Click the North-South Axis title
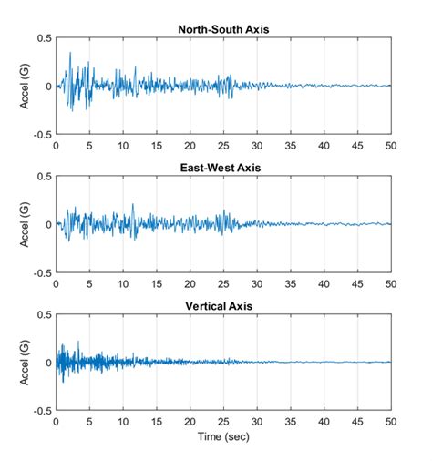[223, 29]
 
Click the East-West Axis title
[223, 168]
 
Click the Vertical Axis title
[223, 306]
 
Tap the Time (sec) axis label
[223, 438]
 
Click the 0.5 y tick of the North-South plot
[43, 38]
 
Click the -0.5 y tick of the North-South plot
[41, 134]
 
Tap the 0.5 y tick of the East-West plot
[43, 177]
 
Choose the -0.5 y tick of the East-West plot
[41, 272]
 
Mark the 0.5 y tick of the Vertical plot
[43, 315]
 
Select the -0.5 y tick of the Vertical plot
[41, 411]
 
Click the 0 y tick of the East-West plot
[48, 224]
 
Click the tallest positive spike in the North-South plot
[70, 53]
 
